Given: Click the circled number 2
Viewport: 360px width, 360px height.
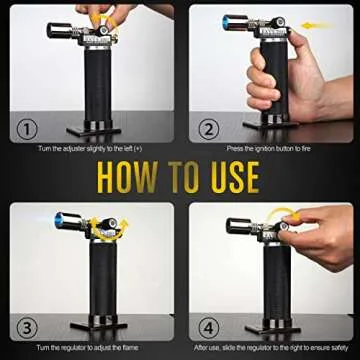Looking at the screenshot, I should [208, 128].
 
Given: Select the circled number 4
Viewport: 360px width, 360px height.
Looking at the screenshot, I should [208, 325].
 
